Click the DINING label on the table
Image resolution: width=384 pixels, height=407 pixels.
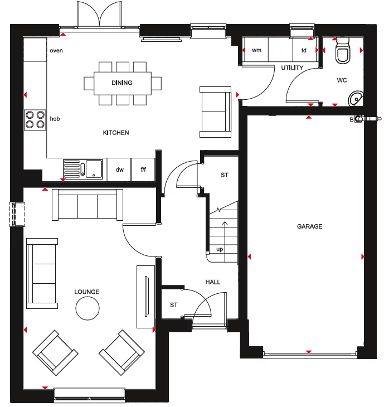(122, 83)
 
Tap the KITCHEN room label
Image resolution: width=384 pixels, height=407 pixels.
(116, 133)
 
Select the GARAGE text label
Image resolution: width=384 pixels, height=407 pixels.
(309, 226)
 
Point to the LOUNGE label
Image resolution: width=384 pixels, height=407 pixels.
(87, 292)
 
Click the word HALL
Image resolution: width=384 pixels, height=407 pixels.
(213, 282)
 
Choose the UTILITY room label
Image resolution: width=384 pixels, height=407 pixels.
(292, 68)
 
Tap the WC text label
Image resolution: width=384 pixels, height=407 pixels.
(342, 80)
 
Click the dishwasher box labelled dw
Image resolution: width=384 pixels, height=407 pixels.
(119, 169)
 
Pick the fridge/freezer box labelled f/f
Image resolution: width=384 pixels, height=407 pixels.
(143, 169)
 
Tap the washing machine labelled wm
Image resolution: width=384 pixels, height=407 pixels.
(256, 50)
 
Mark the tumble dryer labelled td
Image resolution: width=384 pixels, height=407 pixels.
(304, 50)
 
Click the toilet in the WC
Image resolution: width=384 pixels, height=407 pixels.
(342, 54)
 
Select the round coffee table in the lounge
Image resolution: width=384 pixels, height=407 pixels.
(88, 308)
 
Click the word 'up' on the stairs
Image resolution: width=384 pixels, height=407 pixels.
(220, 249)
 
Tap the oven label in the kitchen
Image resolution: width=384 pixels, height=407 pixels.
(56, 51)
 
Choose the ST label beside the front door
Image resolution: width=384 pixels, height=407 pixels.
(174, 305)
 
